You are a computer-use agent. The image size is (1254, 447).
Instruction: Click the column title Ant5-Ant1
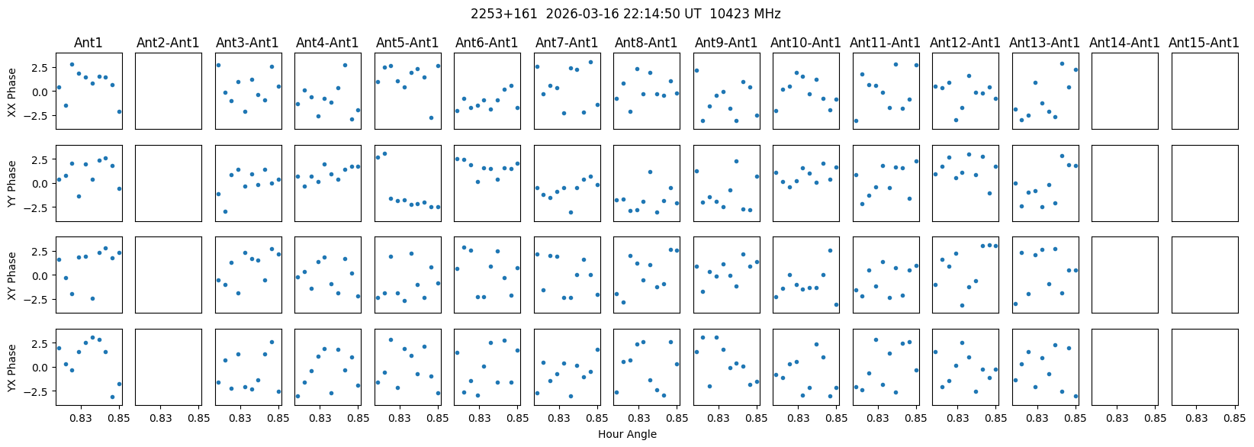[407, 43]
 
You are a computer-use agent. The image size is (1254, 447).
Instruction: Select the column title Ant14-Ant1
[1124, 43]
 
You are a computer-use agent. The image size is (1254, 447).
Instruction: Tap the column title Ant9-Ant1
[726, 43]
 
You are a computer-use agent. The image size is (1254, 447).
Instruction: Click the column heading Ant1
[88, 43]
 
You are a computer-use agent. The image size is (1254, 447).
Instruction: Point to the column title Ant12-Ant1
[965, 43]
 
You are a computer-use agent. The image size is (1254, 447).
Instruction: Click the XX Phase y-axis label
[12, 92]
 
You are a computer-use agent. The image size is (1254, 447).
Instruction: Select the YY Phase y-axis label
[12, 183]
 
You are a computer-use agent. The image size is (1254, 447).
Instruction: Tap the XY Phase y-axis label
[12, 275]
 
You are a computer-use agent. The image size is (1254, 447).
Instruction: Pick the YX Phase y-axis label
[12, 368]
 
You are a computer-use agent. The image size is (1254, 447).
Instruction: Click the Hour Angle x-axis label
[627, 435]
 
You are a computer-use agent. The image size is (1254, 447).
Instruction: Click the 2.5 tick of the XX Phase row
[39, 68]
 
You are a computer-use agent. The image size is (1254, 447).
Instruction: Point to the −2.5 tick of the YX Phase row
[37, 391]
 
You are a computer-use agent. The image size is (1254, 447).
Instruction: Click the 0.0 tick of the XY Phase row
[39, 275]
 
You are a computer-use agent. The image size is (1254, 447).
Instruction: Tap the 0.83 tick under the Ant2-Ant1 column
[161, 418]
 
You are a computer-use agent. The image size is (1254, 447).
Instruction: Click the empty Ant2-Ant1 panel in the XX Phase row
[169, 92]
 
